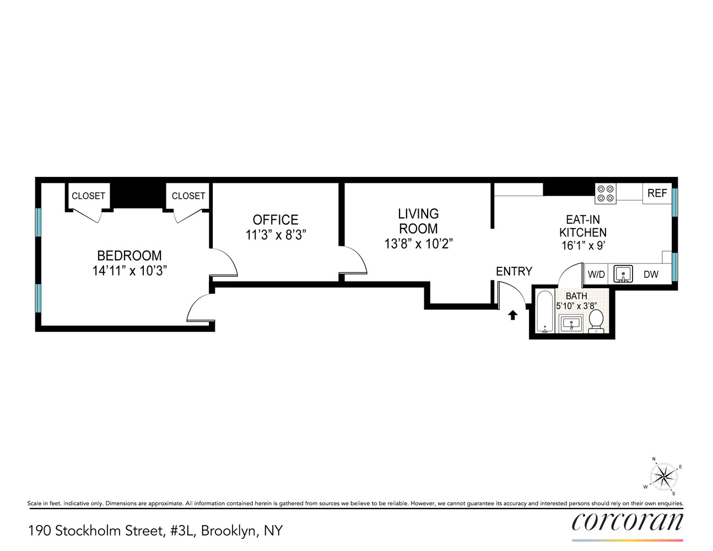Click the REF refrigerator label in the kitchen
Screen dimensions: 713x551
(657, 193)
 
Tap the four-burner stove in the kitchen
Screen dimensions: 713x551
(606, 193)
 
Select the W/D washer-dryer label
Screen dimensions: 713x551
(596, 274)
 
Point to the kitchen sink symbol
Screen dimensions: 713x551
(623, 274)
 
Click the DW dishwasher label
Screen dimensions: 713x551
(651, 274)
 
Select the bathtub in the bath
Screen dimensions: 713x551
(545, 311)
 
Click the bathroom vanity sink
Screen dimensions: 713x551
(571, 325)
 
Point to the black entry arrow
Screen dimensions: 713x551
(513, 315)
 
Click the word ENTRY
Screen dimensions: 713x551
(514, 272)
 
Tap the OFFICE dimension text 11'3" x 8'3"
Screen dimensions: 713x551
(276, 235)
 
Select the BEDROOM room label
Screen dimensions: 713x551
(129, 256)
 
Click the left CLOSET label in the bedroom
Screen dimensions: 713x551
(88, 196)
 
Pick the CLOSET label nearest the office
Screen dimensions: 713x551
(188, 196)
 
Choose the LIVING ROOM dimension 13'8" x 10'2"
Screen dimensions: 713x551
(418, 244)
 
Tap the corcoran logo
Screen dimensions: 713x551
(628, 521)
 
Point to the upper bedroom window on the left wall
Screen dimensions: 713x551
(39, 223)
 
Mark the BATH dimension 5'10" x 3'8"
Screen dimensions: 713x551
(576, 306)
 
